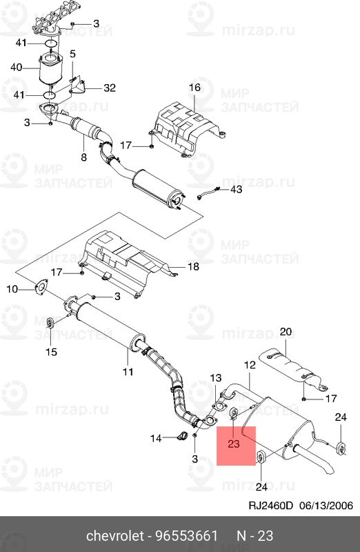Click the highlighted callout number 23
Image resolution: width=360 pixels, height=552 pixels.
point(233,444)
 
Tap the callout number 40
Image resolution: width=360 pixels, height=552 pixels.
point(17,68)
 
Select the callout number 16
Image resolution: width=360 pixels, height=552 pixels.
point(194,88)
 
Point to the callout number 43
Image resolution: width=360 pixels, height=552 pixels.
point(236,189)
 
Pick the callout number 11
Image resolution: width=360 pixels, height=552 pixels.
point(128,373)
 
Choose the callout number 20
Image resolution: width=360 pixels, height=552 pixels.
point(286,332)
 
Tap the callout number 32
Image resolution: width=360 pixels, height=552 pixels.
point(110,88)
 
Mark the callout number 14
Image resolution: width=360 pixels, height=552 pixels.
point(156,437)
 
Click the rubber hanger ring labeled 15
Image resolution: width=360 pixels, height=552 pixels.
point(50,324)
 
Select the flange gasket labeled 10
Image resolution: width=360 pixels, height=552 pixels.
point(41,290)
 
